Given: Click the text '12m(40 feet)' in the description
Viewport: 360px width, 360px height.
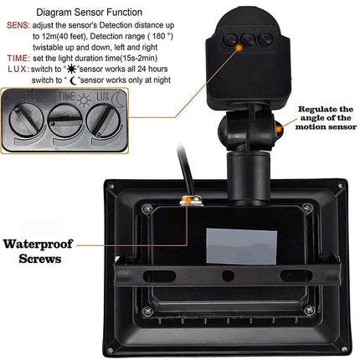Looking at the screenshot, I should tap(61, 38).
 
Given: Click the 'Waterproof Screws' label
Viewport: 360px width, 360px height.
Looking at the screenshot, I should tap(40, 251).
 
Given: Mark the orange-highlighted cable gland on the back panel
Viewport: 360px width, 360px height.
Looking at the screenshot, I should tap(191, 198).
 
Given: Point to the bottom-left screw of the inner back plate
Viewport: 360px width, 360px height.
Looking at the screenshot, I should tap(147, 311).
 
